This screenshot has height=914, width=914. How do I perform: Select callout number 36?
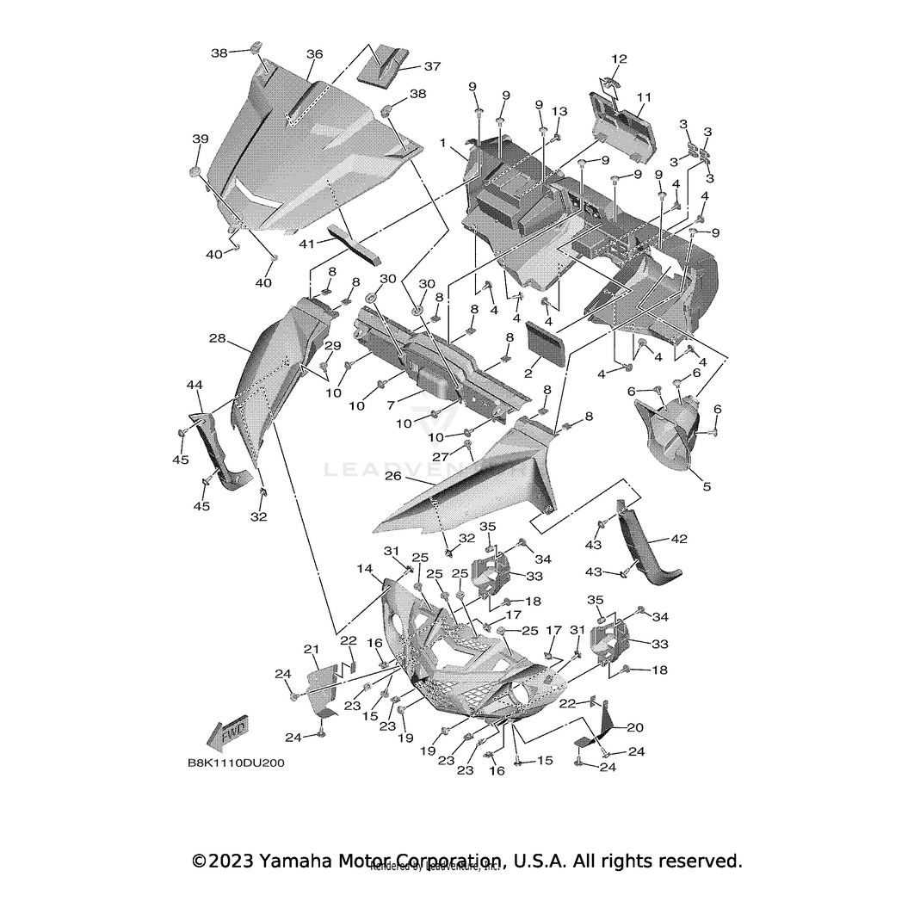[x=314, y=54]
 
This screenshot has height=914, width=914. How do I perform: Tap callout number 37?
[x=431, y=67]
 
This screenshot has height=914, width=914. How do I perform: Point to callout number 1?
[x=442, y=143]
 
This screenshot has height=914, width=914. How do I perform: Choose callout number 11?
[x=645, y=96]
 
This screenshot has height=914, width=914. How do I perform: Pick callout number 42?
[x=679, y=540]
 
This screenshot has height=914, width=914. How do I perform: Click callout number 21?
[x=311, y=648]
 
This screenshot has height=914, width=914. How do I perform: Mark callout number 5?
[x=706, y=486]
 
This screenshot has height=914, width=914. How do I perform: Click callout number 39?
[x=200, y=139]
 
